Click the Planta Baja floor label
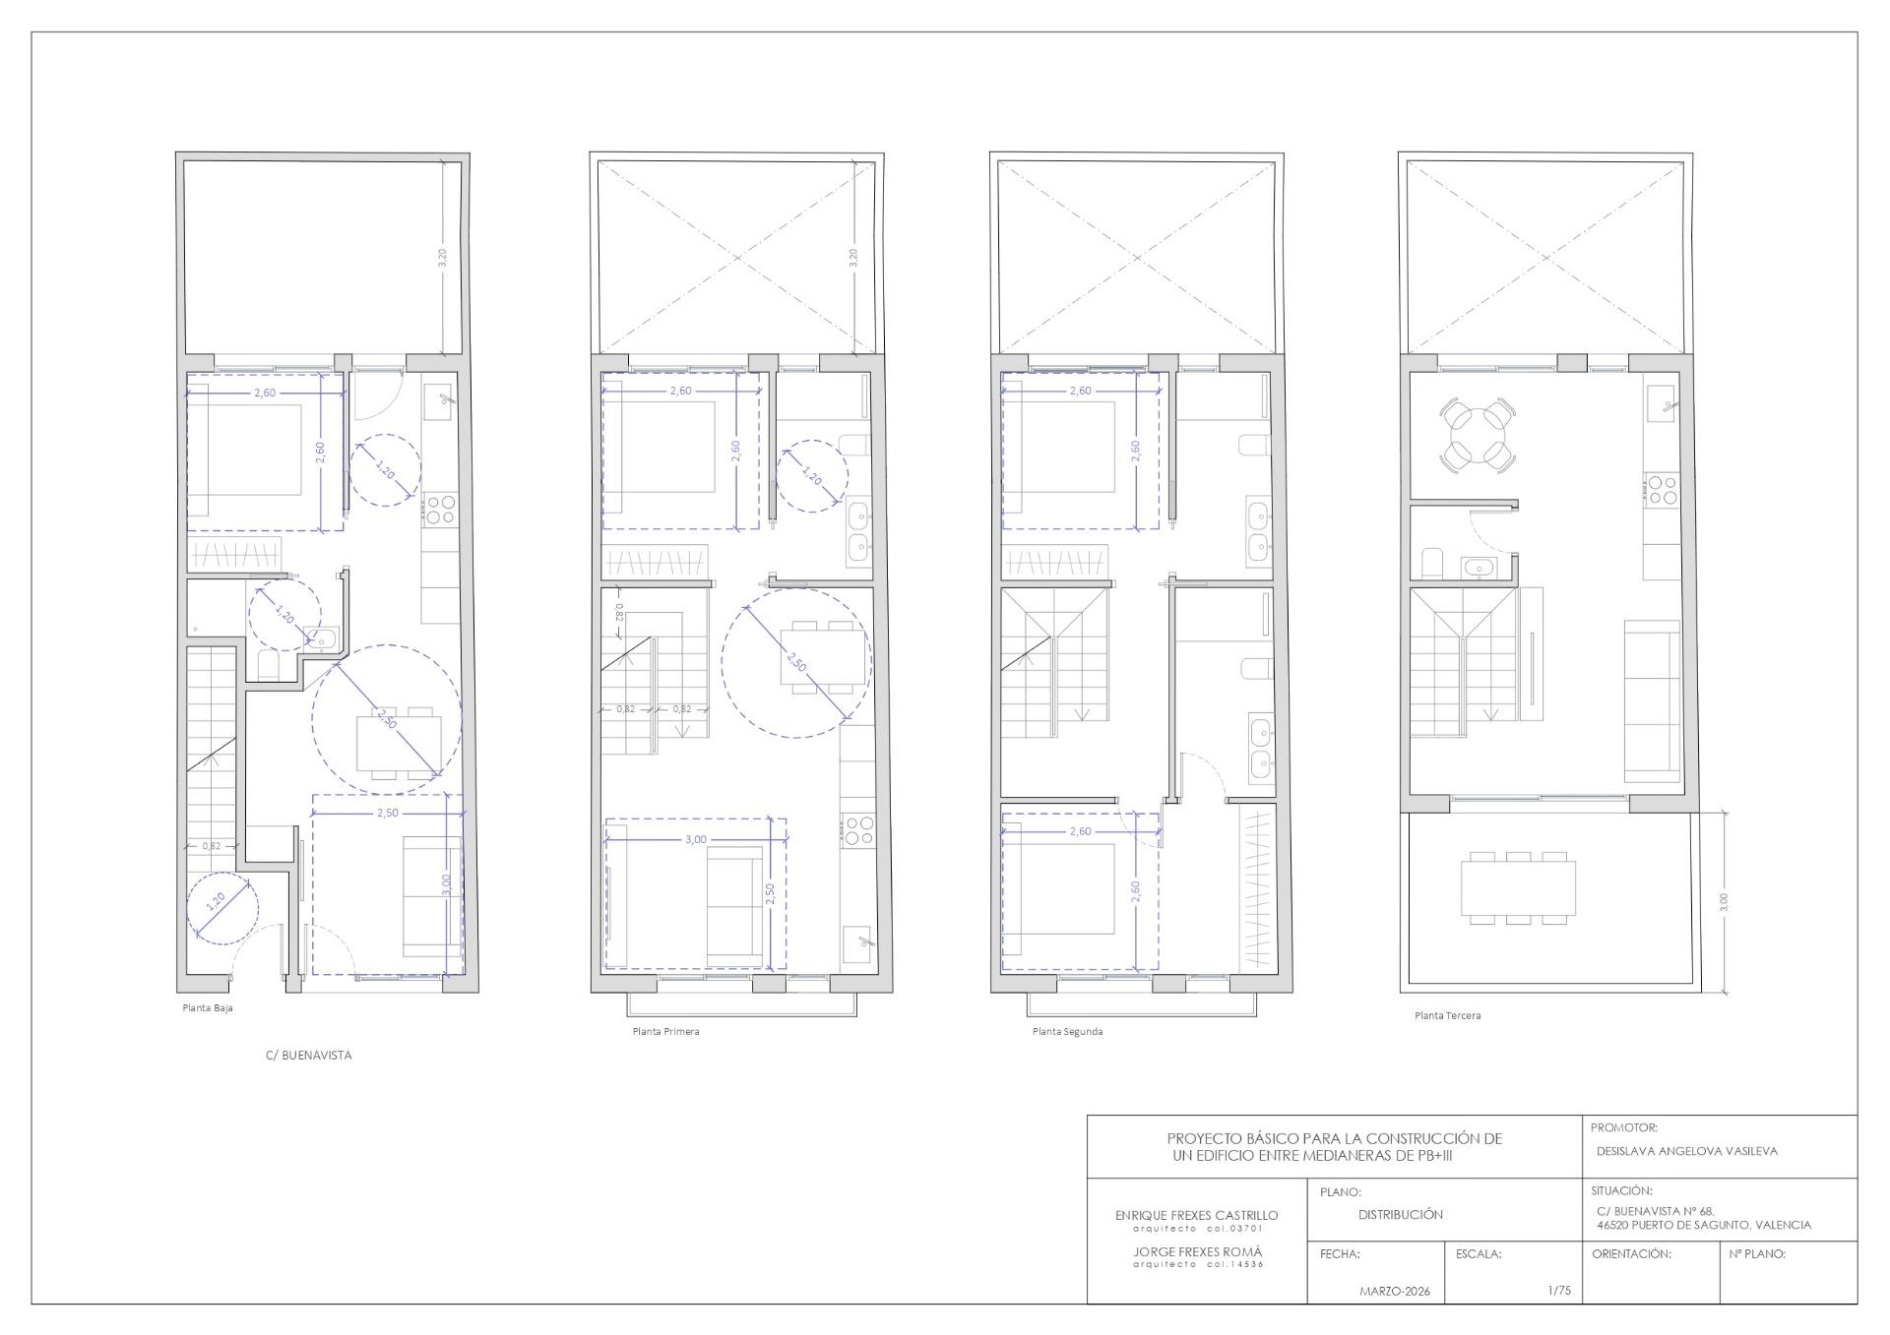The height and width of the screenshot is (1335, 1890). (208, 1007)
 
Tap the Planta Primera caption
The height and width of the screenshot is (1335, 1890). (665, 1032)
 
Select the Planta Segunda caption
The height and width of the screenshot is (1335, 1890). (1067, 1032)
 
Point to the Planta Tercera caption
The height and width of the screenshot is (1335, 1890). (1447, 1015)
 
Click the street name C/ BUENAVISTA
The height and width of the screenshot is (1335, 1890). (308, 1056)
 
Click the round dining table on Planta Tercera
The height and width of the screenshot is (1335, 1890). (1477, 435)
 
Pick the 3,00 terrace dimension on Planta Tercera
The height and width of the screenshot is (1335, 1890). (1723, 902)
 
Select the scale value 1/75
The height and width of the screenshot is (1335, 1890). (1559, 1291)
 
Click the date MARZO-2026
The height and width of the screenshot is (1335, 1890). (1395, 1292)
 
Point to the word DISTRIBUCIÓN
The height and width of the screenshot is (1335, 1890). (1401, 1215)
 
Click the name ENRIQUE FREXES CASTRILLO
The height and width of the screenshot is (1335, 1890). (1196, 1216)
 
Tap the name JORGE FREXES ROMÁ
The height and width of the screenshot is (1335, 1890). (1196, 1252)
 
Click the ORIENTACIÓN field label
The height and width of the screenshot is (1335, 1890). (1631, 1254)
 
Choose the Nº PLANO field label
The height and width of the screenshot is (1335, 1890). (1757, 1254)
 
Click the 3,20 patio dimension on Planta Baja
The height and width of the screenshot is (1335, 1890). (442, 259)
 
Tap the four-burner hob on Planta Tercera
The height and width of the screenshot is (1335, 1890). (1663, 490)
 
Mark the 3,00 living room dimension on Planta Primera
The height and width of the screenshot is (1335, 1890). (695, 839)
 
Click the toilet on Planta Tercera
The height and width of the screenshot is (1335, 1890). (1432, 564)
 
